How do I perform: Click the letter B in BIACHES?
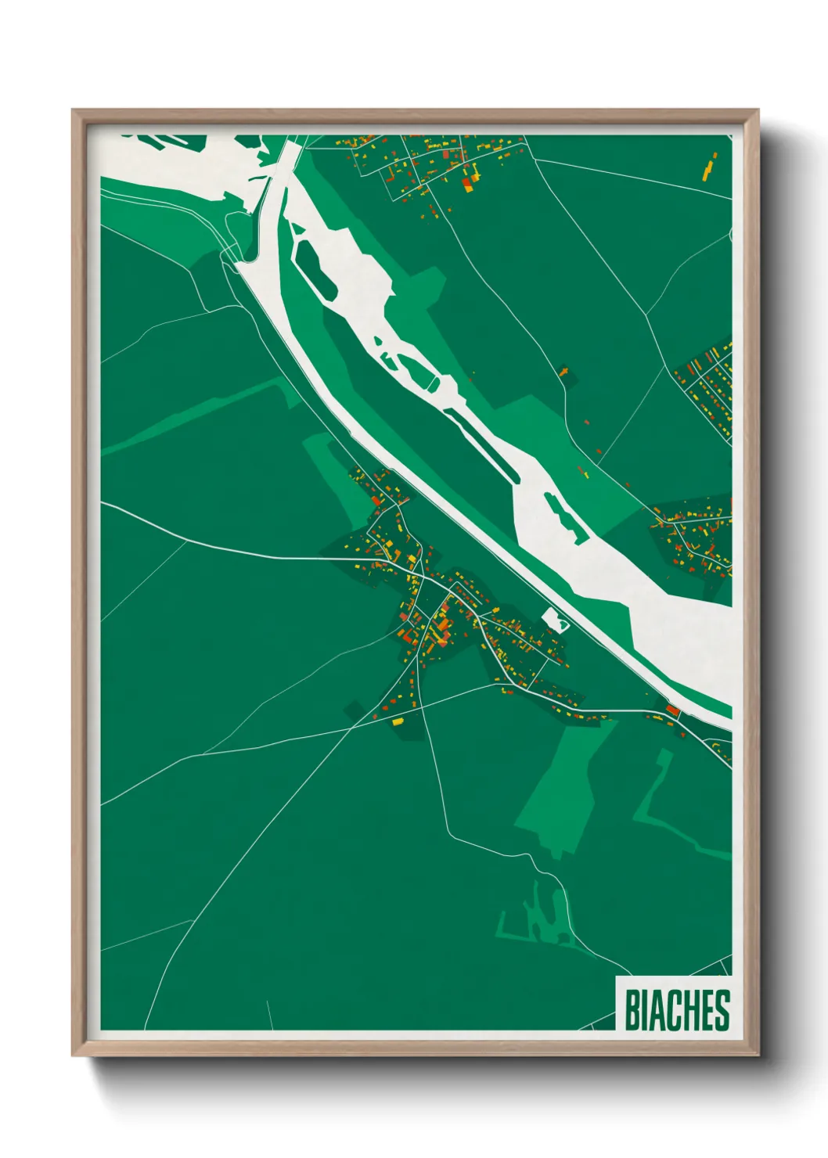point(632,1010)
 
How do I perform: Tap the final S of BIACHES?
point(722,1010)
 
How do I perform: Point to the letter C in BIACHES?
point(669,1010)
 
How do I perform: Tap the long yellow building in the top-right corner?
point(710,168)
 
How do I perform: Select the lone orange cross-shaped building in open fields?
point(563,370)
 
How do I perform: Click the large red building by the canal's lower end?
point(671,710)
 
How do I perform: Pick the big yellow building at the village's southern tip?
point(397,721)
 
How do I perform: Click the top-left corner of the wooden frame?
point(74,112)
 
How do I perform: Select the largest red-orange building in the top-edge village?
point(466,185)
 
